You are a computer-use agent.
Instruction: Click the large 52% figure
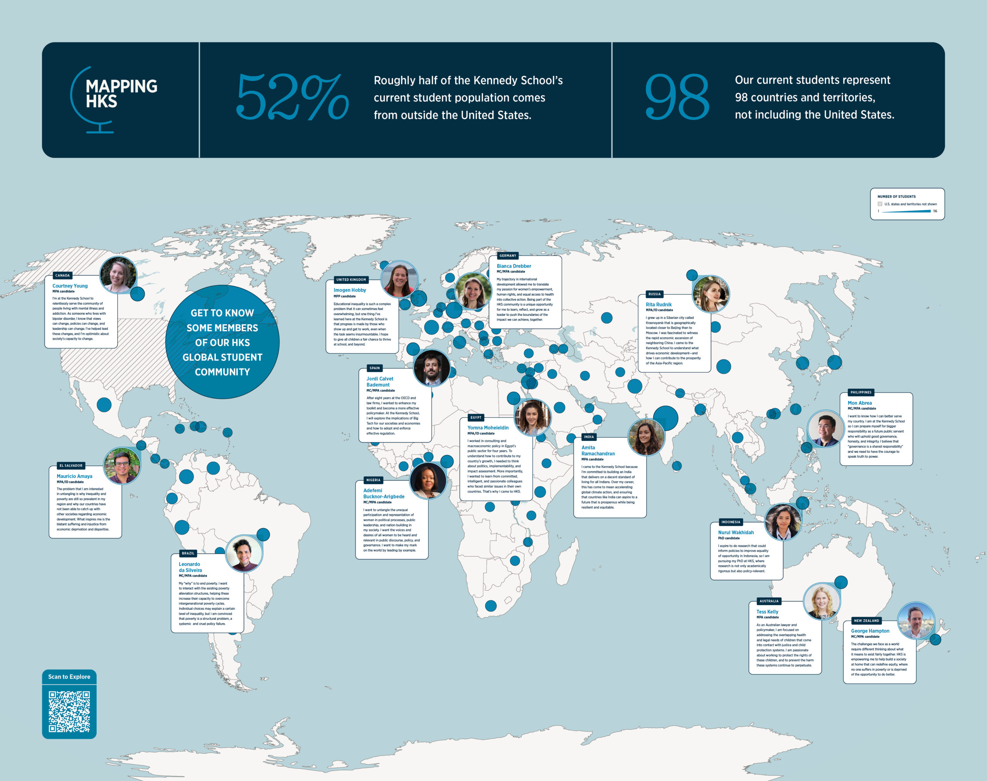coord(292,97)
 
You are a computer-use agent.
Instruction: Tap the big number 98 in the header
coord(677,97)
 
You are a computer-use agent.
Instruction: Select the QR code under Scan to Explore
coord(69,711)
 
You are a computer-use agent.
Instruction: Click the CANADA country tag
coord(63,275)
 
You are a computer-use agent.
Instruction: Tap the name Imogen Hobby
coord(349,290)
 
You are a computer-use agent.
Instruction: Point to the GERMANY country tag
coord(508,256)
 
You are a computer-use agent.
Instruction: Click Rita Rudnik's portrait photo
coord(710,294)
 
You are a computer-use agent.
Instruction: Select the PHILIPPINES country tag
coord(861,392)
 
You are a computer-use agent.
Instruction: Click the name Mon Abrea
coord(859,403)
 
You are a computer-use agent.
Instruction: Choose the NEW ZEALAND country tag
coord(866,621)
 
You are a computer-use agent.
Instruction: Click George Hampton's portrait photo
coord(916,621)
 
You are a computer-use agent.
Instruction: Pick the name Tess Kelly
coord(767,611)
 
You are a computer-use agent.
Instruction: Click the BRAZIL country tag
coord(188,553)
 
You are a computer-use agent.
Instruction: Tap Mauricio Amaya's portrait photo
coord(122,466)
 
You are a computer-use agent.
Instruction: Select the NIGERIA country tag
coord(373,480)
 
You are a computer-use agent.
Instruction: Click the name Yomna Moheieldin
coord(488,428)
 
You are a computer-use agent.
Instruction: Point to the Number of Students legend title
coord(896,197)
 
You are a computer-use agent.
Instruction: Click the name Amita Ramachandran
coord(598,450)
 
